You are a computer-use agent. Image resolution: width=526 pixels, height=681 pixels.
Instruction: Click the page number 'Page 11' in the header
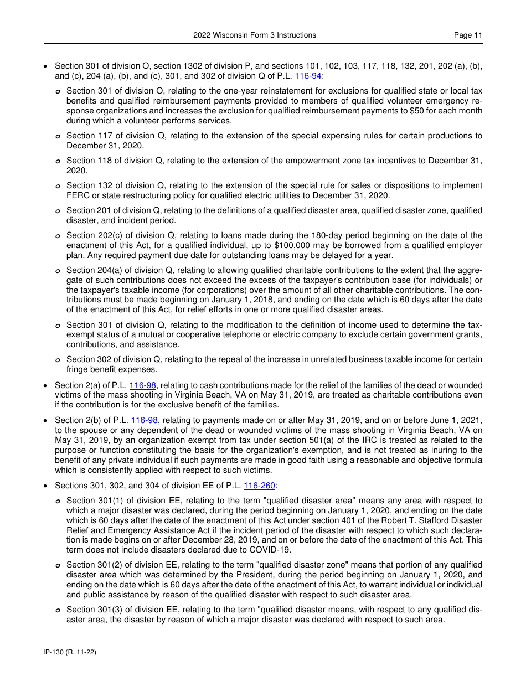468,35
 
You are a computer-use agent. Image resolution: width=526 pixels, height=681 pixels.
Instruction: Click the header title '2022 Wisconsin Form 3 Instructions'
255,35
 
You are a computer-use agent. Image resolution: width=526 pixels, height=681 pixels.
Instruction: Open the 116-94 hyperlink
308,76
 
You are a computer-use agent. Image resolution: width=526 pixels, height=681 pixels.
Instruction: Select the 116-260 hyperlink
259,486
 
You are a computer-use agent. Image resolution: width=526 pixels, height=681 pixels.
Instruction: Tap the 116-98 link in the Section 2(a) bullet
143,385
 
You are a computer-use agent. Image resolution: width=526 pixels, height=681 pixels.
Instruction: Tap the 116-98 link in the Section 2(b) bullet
144,420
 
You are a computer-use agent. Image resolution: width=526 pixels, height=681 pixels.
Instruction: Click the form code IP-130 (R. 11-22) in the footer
70,652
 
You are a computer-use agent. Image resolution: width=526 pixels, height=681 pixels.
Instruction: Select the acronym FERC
78,195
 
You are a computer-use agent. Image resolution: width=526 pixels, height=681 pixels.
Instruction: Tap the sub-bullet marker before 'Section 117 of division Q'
58,136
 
